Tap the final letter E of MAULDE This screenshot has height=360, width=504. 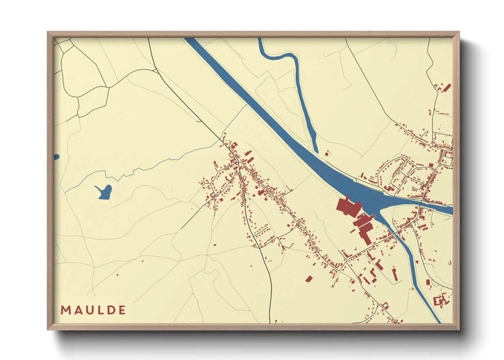click(x=122, y=310)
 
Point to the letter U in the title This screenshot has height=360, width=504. click(x=88, y=310)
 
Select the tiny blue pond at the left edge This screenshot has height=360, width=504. click(x=56, y=157)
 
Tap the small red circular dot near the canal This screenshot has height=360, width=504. click(x=327, y=154)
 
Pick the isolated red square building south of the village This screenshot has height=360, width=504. click(x=309, y=279)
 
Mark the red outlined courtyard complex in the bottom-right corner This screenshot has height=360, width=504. click(x=441, y=301)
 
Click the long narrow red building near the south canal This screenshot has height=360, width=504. click(x=395, y=274)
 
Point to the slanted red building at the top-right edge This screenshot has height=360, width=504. click(x=447, y=88)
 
